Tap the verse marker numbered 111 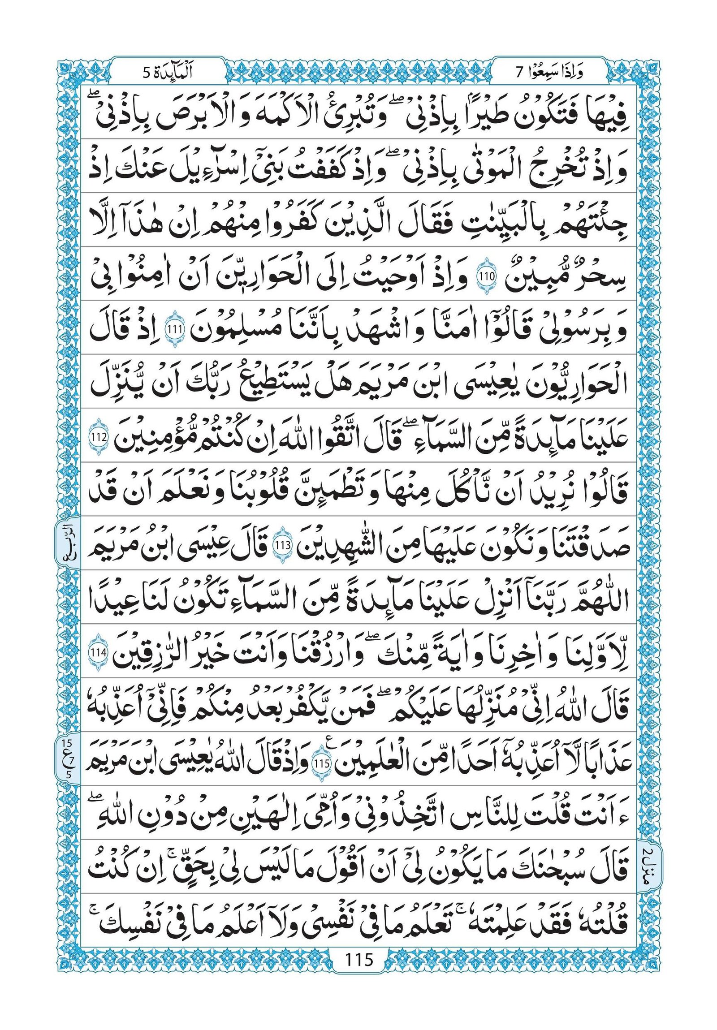coord(173,330)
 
